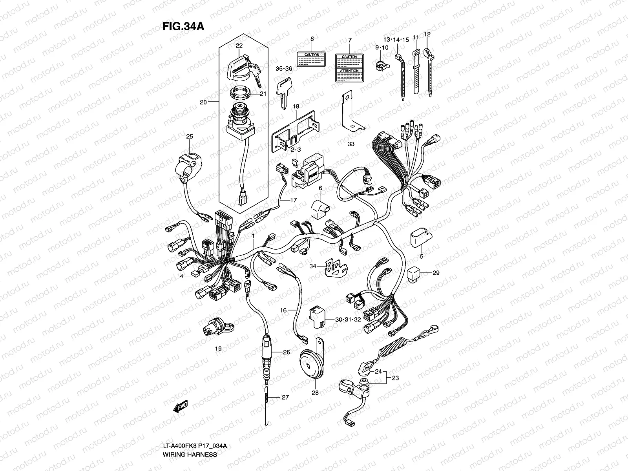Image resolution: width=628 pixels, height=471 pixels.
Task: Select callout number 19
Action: [x=218, y=349]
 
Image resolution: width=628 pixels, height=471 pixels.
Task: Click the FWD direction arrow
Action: [x=181, y=407]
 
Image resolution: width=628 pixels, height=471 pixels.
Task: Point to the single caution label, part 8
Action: [x=312, y=59]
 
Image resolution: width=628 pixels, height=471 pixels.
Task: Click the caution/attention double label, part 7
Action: [x=349, y=68]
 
